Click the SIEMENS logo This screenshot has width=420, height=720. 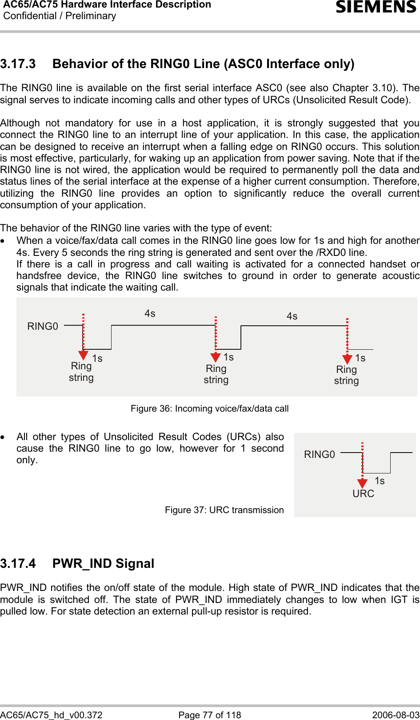pos(376,8)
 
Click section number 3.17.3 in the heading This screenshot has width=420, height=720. pos(18,64)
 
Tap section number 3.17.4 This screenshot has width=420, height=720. pos(18,564)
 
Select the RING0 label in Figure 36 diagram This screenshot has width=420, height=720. pos(43,327)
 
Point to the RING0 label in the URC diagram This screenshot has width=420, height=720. pos(319,454)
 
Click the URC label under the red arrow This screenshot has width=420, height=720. pos(363,493)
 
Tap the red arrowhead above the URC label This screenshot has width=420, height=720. pos(363,483)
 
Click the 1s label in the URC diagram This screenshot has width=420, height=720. pos(380,481)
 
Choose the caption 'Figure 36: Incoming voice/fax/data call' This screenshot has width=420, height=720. pos(209,409)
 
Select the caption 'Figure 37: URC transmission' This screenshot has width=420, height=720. pos(224,510)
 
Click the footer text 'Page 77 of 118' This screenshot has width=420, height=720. pos(209,715)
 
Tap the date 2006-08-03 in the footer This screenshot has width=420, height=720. pos(396,715)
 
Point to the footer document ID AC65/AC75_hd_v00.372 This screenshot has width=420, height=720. pos(52,715)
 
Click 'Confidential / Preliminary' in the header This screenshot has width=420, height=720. pos(60,16)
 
